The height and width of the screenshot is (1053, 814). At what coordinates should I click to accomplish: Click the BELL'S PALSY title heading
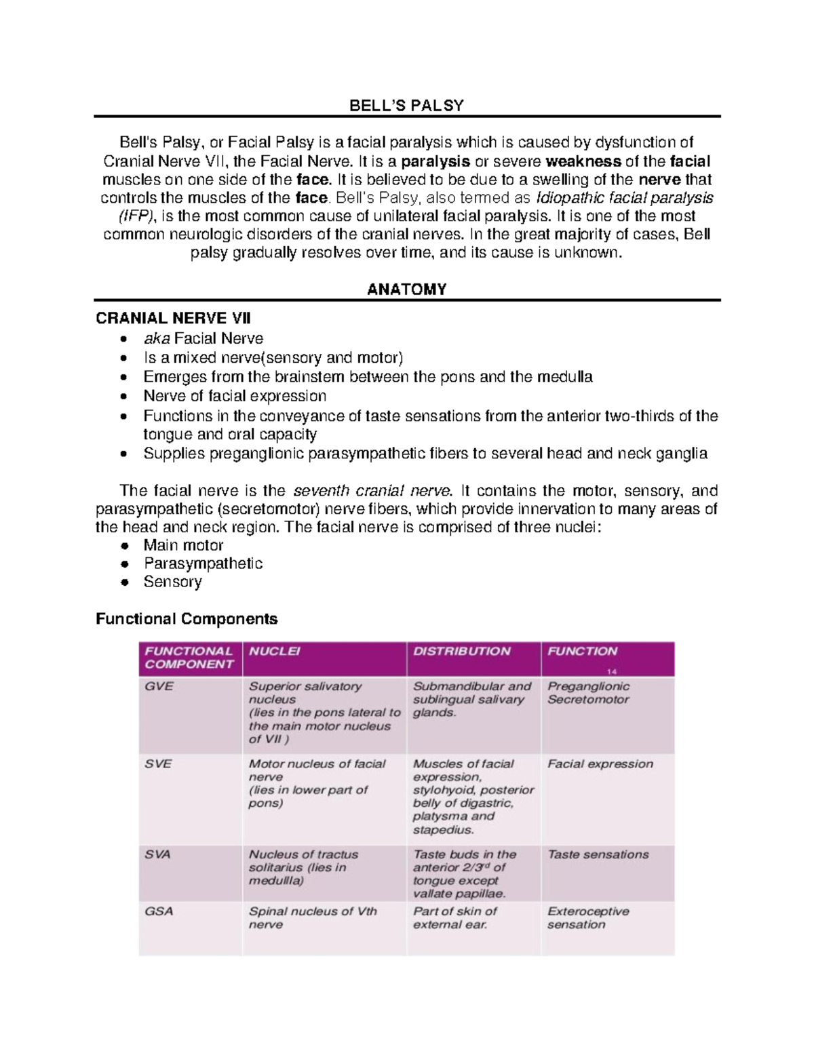406,106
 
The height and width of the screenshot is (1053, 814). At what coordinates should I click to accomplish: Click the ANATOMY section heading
406,290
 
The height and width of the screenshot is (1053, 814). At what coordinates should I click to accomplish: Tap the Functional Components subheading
187,619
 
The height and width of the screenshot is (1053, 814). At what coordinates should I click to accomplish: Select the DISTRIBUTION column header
462,652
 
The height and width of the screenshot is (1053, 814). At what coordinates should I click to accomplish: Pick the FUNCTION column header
582,652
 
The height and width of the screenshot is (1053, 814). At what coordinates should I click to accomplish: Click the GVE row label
159,686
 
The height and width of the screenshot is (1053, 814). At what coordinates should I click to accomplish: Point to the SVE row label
159,763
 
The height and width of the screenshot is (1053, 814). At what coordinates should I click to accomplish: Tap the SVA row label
158,854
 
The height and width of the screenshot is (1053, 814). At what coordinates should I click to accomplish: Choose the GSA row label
159,911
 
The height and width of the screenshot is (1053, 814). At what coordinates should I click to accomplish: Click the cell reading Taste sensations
598,854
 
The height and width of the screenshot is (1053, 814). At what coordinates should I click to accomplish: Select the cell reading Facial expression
600,763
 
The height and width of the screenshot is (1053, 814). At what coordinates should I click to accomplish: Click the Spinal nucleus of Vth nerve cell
312,918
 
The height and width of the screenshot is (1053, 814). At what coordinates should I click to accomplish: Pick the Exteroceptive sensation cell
588,918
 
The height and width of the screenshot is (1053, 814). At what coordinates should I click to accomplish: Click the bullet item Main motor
183,545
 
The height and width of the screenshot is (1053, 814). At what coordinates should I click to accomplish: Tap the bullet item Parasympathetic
203,563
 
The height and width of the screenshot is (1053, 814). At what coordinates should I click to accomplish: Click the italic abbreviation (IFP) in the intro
136,216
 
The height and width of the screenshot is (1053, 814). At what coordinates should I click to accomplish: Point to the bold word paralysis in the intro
435,161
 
